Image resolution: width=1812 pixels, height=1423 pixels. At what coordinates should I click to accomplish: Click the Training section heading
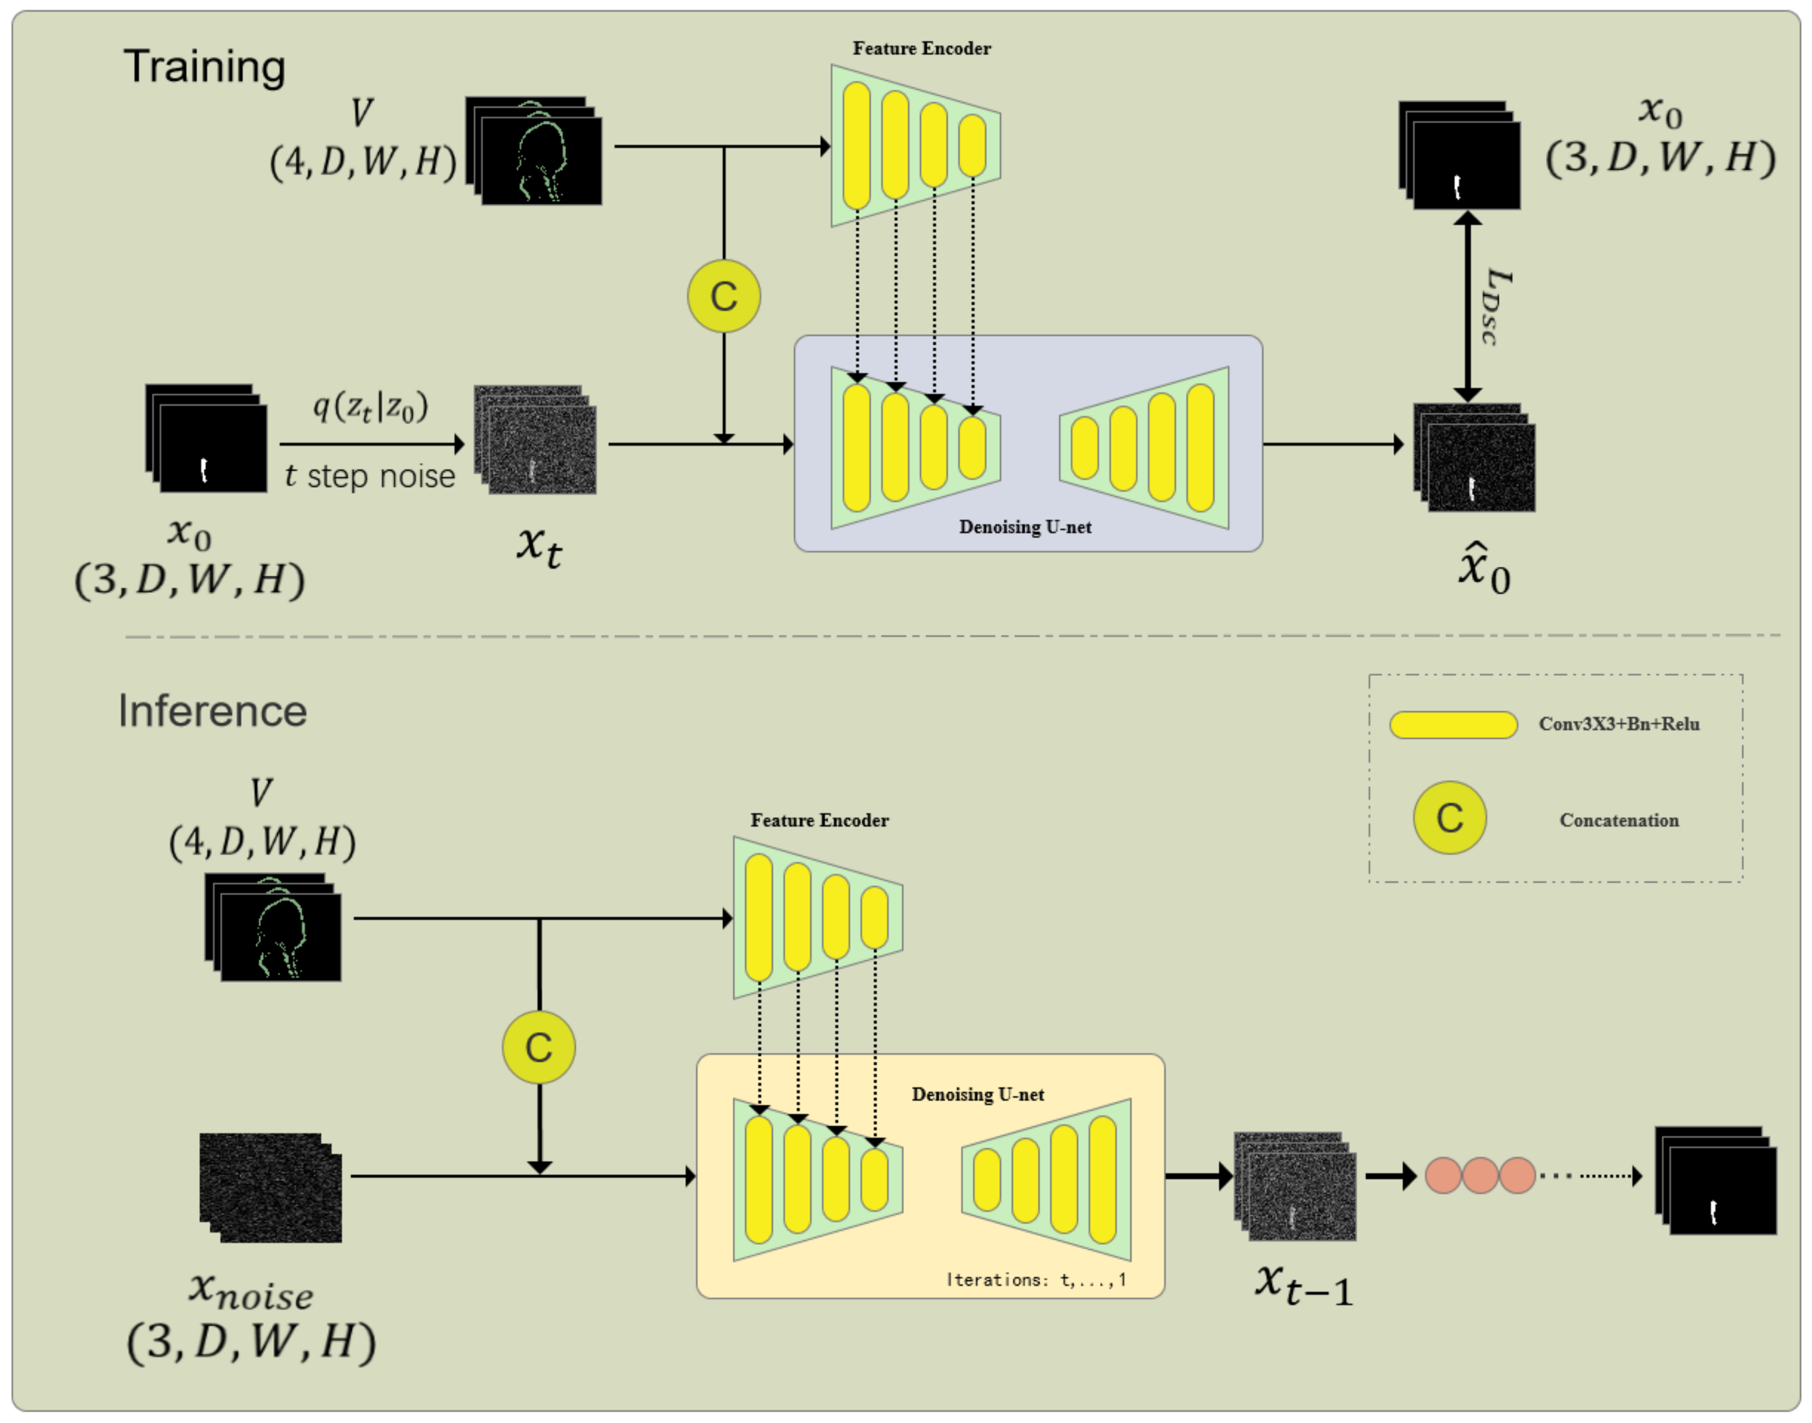(204, 67)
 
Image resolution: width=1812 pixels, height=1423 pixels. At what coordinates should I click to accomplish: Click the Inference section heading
(213, 711)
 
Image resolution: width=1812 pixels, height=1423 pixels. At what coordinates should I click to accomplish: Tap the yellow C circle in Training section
(723, 296)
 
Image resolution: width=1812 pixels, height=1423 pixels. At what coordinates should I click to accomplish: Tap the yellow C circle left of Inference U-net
(538, 1047)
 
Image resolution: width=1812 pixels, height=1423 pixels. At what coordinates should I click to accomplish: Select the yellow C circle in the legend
(1449, 817)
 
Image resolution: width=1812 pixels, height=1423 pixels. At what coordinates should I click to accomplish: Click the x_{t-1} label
(1303, 1284)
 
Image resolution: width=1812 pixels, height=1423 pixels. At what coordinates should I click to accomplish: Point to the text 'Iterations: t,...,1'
(1035, 1279)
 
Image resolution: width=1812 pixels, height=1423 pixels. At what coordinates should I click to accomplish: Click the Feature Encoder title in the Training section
(921, 48)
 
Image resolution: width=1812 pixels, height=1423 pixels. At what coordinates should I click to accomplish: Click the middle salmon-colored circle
(1480, 1175)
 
